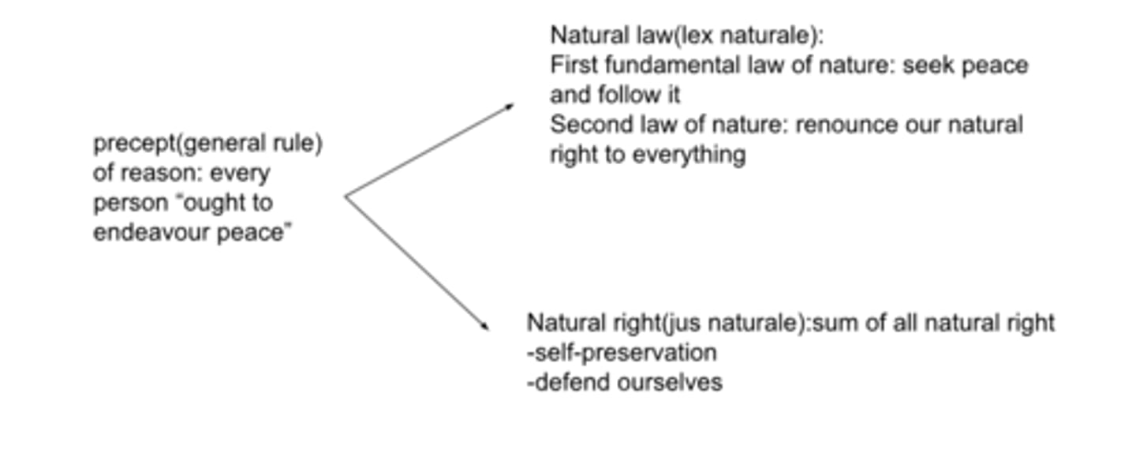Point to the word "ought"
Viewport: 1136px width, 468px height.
[x=214, y=204]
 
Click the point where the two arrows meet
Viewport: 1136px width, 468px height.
[x=346, y=197]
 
